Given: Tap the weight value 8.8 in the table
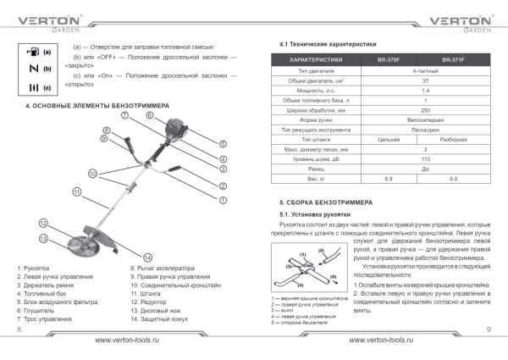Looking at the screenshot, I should click(389, 179).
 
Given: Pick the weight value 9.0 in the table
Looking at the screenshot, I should click(453, 179).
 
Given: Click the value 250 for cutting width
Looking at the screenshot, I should click(425, 110).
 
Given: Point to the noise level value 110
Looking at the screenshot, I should click(425, 159).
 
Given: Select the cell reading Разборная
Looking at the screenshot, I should click(453, 139).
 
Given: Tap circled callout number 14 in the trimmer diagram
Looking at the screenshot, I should click(147, 257).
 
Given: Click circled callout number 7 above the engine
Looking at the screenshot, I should click(124, 114).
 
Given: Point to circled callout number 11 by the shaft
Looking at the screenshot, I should click(76, 192).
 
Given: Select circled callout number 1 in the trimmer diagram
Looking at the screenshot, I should click(223, 200).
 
